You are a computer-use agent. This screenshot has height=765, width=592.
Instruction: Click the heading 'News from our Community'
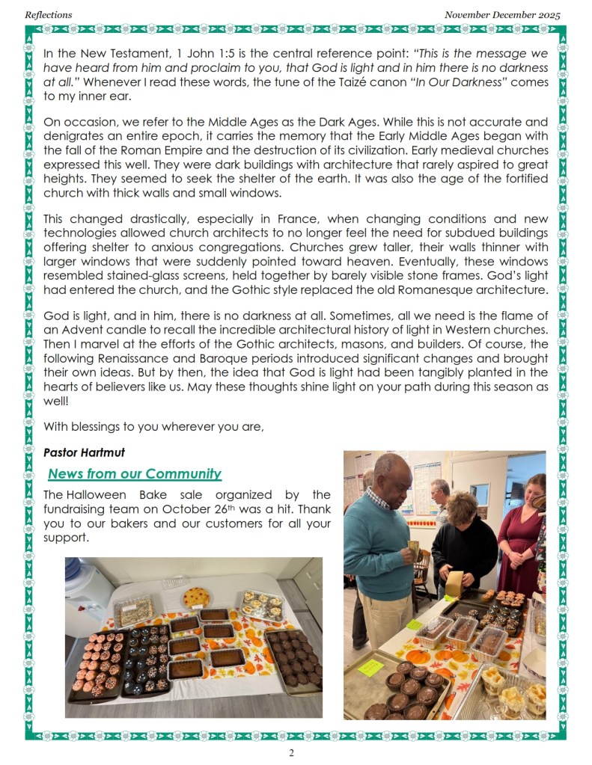pos(135,473)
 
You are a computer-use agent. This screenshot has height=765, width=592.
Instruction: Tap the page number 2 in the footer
pos(291,752)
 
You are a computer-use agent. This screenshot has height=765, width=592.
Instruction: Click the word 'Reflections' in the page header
pos(49,14)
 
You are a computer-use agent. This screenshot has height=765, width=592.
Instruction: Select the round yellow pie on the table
pos(195,596)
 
